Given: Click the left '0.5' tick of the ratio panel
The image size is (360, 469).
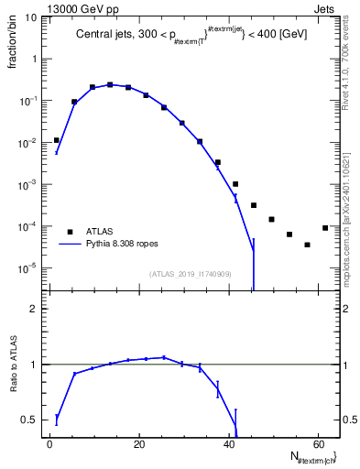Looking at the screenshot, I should tap(30, 420).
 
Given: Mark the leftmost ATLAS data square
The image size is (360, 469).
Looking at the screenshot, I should tap(57, 140).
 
